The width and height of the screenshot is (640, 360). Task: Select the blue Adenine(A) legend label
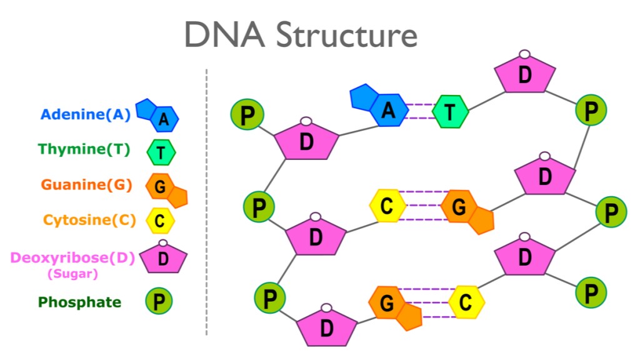[86, 115]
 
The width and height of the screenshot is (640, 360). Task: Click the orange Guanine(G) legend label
[86, 185]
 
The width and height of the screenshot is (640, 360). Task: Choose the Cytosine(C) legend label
[89, 220]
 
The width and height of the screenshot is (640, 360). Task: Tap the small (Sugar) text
[72, 273]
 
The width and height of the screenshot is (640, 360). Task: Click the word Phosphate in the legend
[79, 302]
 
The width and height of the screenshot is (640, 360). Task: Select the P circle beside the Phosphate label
[159, 302]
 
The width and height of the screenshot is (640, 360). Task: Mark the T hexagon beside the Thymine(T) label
[161, 151]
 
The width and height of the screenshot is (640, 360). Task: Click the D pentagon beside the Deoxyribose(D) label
[163, 257]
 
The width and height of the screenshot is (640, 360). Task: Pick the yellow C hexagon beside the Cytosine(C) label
[160, 221]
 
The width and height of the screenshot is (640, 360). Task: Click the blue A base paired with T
[382, 107]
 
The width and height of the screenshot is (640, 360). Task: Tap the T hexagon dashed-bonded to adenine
[449, 112]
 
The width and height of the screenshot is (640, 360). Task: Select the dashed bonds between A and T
[419, 111]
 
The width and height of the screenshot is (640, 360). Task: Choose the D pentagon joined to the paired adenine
[306, 141]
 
